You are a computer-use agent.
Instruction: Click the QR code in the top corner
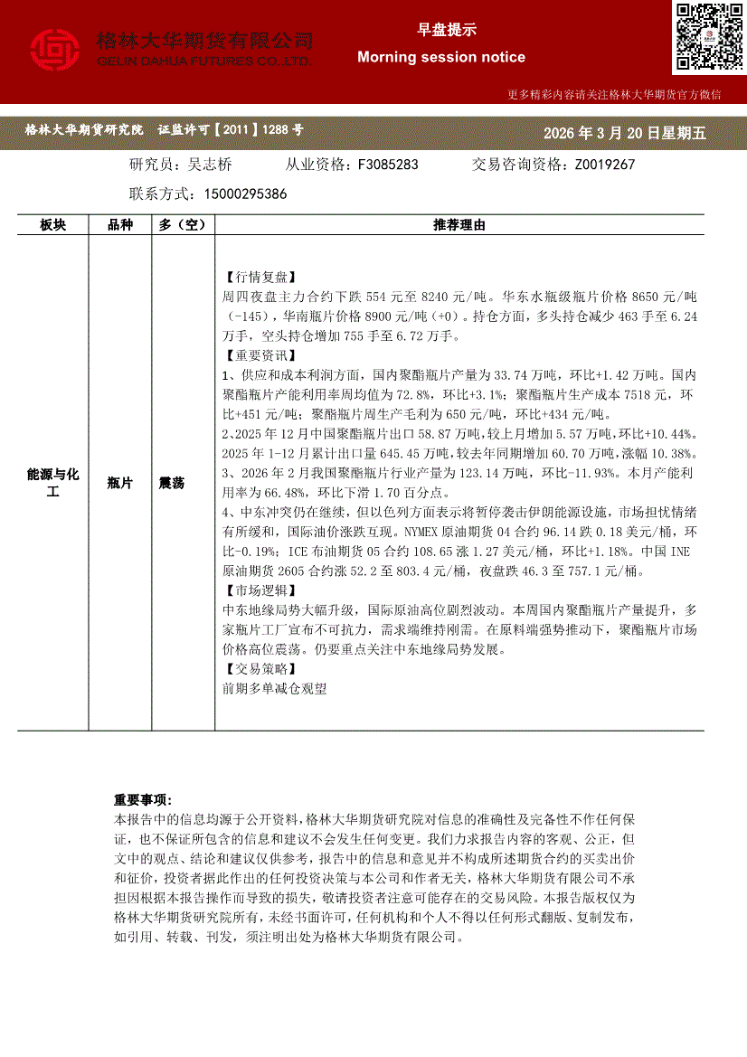[708, 37]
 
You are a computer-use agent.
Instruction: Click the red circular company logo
[55, 50]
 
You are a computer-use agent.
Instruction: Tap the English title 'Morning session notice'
[440, 57]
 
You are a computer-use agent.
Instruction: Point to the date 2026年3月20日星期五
[624, 133]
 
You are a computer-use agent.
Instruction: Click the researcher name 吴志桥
[209, 165]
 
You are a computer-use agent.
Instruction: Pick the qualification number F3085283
[388, 165]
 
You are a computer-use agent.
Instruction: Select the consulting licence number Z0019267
[604, 165]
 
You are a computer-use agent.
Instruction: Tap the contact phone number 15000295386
[246, 193]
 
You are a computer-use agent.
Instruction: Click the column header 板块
[52, 225]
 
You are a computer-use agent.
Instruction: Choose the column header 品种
[120, 225]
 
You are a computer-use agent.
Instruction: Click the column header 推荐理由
[459, 225]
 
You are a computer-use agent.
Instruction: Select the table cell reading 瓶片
[120, 484]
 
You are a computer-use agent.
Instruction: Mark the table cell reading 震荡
[172, 484]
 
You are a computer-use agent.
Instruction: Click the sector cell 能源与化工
[52, 484]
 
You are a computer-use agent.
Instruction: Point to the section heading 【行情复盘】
[258, 277]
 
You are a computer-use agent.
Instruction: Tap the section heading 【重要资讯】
[258, 355]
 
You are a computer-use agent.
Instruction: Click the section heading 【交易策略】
[258, 669]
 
